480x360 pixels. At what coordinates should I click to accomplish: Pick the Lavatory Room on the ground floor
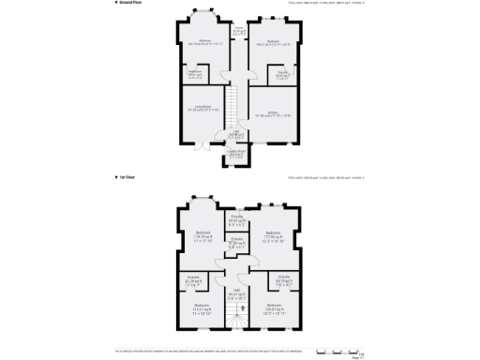(x=236, y=153)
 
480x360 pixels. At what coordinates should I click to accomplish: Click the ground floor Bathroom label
(x=197, y=72)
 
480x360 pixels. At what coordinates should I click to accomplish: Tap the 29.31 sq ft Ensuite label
(x=238, y=220)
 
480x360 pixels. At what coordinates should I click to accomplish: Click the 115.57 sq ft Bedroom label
(x=202, y=308)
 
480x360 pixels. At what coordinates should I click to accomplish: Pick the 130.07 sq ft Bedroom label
(x=273, y=308)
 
